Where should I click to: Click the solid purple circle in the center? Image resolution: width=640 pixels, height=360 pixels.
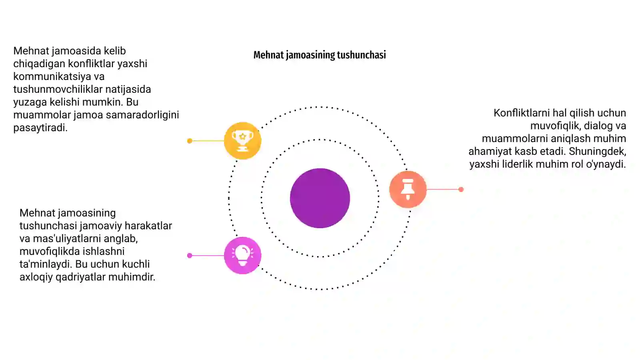point(320,198)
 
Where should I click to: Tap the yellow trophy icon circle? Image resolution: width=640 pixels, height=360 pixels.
point(242,140)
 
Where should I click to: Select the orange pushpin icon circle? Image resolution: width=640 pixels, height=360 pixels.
point(408,189)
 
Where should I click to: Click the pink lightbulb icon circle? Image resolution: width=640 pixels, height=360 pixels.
point(242,256)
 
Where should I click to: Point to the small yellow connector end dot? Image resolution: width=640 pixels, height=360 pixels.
point(190,141)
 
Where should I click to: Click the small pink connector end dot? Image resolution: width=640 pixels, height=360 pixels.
point(190,256)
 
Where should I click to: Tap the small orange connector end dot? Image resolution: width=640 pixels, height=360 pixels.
point(461,190)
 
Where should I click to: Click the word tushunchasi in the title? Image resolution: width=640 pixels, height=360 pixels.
point(361,55)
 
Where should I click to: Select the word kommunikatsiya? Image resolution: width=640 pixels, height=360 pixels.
point(59,76)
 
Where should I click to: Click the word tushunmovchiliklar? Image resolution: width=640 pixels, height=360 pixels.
point(58,89)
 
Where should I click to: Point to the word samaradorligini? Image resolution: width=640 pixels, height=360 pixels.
point(142,115)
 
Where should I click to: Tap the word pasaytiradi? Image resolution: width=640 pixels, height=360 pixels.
point(40,128)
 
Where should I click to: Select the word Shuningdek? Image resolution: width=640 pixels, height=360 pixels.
point(598,152)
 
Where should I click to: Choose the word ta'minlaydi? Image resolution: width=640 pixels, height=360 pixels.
point(46,264)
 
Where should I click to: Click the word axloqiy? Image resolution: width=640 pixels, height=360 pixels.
point(36,277)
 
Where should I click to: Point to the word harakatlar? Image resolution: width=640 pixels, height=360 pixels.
point(148,226)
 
